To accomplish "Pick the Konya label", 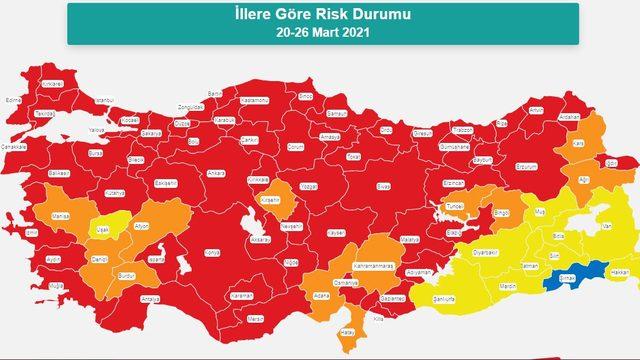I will (x=211, y=253).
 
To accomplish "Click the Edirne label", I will (x=14, y=100).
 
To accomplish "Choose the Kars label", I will (x=577, y=143).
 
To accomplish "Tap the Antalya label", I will (x=151, y=298).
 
